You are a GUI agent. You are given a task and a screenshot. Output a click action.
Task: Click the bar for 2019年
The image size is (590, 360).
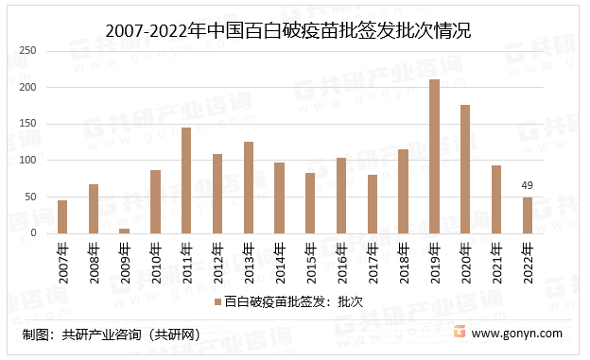click(x=434, y=156)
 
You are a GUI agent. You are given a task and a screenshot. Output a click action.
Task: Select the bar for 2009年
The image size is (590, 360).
click(x=124, y=231)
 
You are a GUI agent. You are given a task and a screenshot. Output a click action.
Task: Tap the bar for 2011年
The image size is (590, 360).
click(x=186, y=180)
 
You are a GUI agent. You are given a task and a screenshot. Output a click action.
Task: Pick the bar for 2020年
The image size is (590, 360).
click(x=465, y=169)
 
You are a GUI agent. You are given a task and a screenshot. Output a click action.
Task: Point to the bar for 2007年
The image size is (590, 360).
click(x=62, y=216)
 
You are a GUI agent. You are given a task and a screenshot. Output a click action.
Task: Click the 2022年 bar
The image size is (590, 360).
click(x=528, y=215)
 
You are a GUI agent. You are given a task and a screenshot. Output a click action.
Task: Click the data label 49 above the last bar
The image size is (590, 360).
click(x=528, y=186)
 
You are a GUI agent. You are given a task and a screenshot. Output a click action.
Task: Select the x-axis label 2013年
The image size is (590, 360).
click(x=249, y=259)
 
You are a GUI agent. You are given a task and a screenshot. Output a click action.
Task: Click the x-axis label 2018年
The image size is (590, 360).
click(x=404, y=259)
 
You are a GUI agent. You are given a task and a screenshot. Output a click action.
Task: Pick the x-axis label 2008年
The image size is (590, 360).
click(x=94, y=259)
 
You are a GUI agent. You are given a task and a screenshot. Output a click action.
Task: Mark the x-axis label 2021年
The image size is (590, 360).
click(x=496, y=259)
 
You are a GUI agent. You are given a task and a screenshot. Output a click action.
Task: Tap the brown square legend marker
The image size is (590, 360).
click(x=217, y=301)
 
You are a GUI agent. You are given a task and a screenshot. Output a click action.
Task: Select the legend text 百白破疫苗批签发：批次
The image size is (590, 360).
click(x=293, y=301)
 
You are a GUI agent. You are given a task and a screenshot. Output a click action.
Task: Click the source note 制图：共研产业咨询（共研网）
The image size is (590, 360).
click(x=112, y=334)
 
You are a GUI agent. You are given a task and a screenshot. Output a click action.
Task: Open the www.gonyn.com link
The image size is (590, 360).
click(x=516, y=334)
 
